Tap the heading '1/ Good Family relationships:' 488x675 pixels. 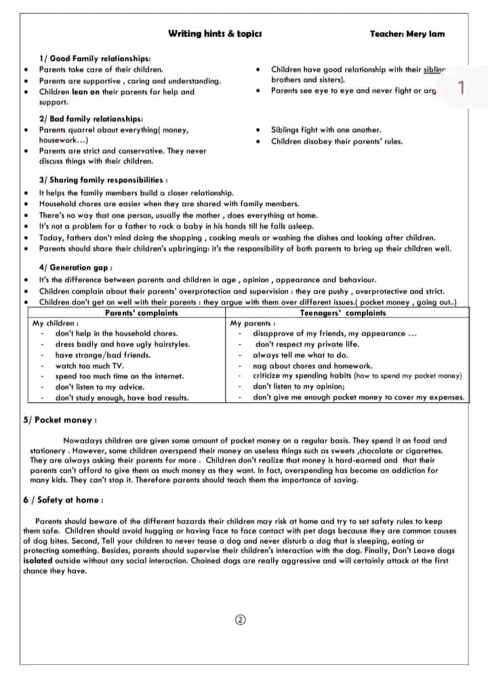[x=95, y=59]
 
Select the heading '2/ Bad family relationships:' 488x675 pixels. [x=91, y=119]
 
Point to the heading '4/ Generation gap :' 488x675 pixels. [x=76, y=267]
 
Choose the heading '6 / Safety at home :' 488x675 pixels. [x=63, y=501]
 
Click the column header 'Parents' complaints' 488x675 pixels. [x=142, y=313]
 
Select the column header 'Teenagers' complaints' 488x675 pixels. [x=342, y=313]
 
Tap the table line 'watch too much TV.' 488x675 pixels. [x=89, y=366]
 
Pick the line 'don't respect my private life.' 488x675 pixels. [x=307, y=344]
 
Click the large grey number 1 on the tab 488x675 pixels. [x=461, y=88]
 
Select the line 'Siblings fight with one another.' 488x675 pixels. [x=326, y=130]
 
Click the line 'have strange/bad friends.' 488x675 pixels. [x=103, y=355]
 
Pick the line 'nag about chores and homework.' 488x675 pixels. [x=312, y=366]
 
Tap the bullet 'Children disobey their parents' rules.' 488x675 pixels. [x=336, y=141]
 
